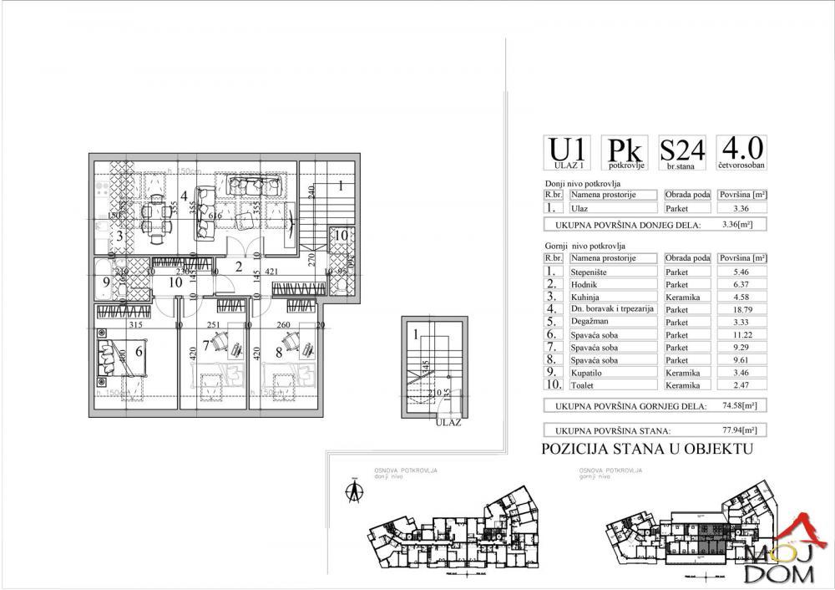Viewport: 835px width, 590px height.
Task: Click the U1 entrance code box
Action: pyautogui.click(x=568, y=154)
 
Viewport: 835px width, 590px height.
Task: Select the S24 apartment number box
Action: pyautogui.click(x=682, y=154)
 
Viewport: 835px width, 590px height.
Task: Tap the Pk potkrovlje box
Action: pyautogui.click(x=625, y=154)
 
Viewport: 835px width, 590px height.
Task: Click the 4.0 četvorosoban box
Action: pyautogui.click(x=741, y=154)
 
